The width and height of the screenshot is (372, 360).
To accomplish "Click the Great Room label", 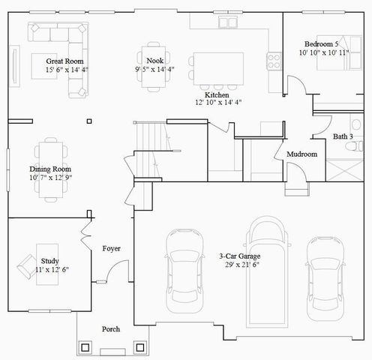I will coord(64,61).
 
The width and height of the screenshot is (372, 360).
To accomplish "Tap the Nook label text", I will coord(155,61).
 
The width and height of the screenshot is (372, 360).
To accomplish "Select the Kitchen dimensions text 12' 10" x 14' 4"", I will coord(218,102).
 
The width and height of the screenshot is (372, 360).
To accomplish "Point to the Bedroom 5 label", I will coord(324,43).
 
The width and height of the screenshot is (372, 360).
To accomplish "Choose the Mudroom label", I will coord(302,154).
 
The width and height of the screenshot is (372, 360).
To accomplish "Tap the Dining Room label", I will coord(51,169).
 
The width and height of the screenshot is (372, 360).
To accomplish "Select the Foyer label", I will coord(112,248).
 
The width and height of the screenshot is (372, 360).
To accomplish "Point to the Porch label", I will coord(111,329).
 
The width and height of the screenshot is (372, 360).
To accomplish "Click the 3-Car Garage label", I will coord(240,256).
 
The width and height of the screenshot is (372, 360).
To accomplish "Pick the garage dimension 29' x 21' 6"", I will coord(240,265).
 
